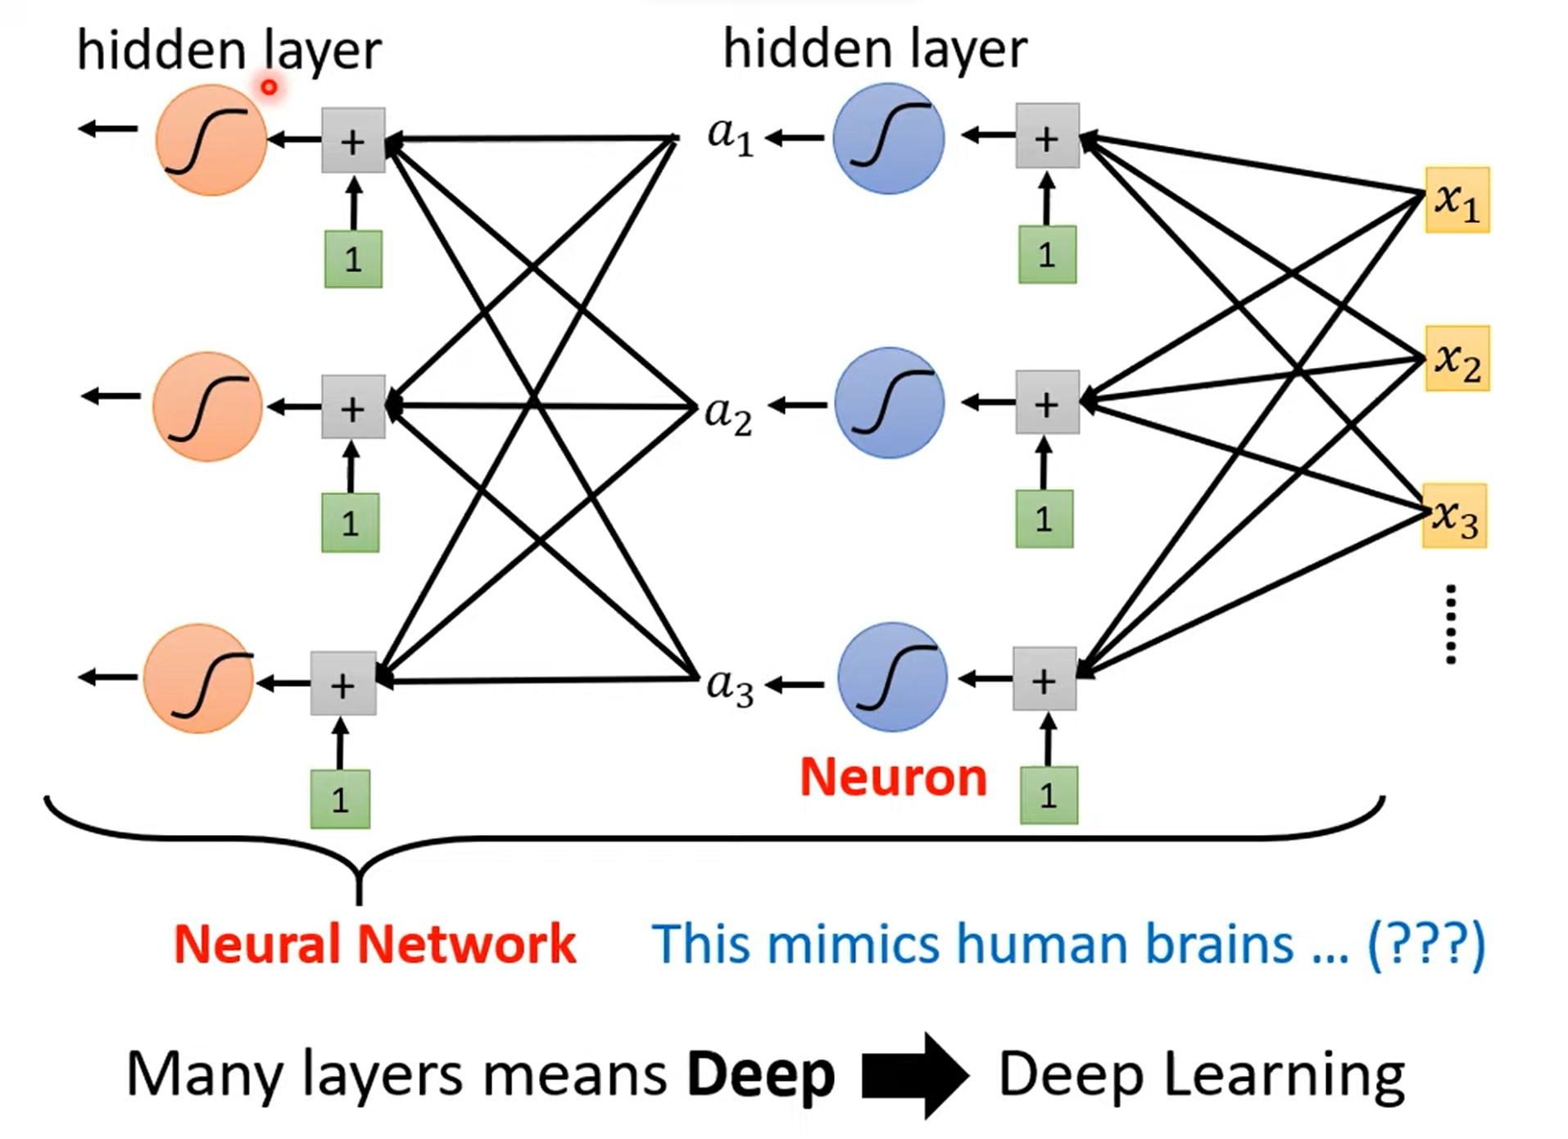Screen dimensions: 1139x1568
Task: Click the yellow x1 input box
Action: [x=1457, y=200]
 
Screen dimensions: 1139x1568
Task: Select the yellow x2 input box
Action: [x=1457, y=359]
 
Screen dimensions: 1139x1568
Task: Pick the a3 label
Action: [x=729, y=686]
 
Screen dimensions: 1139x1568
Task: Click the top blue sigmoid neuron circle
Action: [x=888, y=138]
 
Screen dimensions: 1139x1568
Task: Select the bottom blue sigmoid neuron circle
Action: [x=892, y=677]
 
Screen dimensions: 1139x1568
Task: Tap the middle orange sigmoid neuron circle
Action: [x=208, y=406]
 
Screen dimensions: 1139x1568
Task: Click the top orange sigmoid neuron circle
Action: [x=211, y=140]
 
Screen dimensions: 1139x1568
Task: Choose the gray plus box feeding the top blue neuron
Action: [x=1047, y=136]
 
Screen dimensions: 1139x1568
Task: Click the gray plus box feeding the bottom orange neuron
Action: [x=343, y=683]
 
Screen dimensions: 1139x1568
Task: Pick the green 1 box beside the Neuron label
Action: [x=1048, y=795]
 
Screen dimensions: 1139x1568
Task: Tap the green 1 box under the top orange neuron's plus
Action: [x=353, y=259]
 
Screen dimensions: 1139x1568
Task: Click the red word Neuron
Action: [x=893, y=777]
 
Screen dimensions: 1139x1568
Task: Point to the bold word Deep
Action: [x=760, y=1075]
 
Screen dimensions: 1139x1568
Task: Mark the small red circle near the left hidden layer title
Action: [x=269, y=86]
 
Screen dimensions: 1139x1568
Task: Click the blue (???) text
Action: [x=1426, y=945]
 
